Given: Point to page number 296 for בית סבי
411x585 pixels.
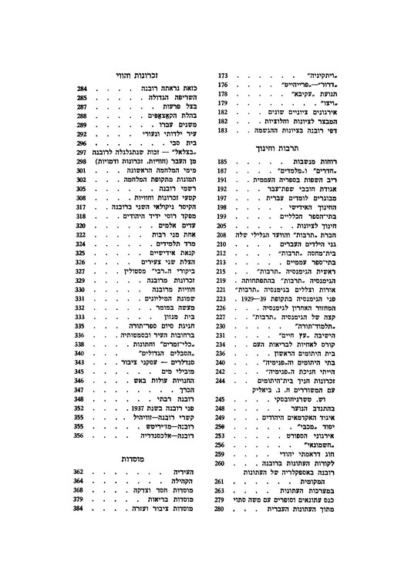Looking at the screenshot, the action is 82,143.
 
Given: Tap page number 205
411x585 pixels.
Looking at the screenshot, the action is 223,226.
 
